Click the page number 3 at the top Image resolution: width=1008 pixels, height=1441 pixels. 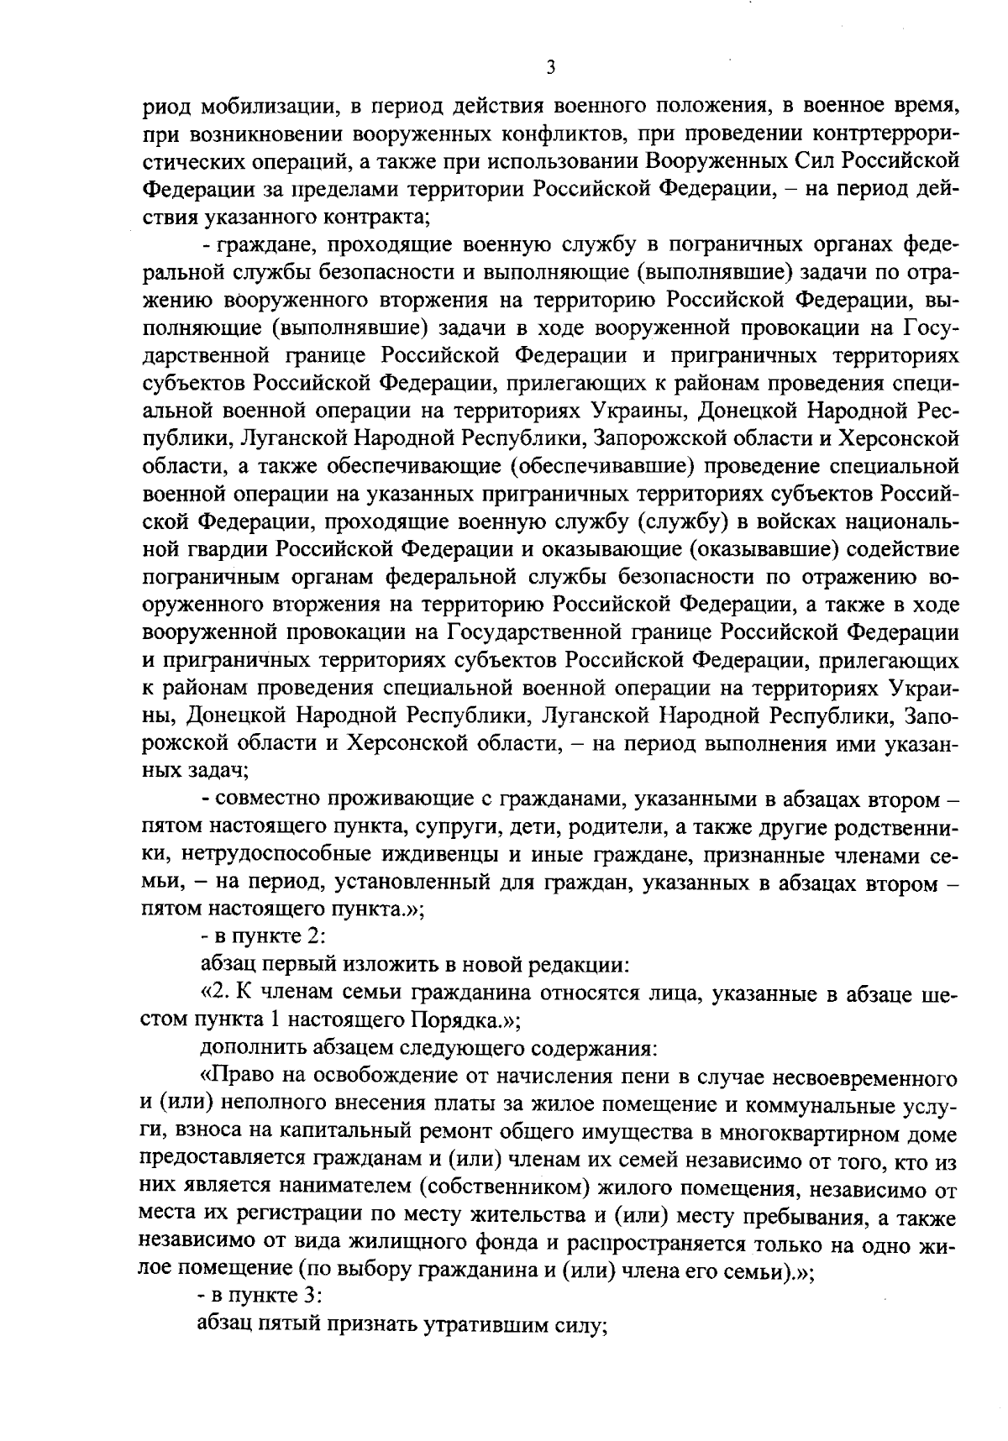pyautogui.click(x=550, y=68)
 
